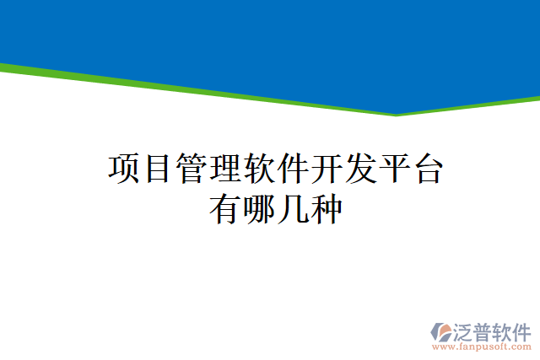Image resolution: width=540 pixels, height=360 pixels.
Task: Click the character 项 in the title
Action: (x=125, y=169)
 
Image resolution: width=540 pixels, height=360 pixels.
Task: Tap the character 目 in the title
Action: (x=158, y=169)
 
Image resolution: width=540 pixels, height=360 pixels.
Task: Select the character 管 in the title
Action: (x=192, y=169)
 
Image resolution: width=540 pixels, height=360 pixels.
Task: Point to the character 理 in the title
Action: (x=225, y=169)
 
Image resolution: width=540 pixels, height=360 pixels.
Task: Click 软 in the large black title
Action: (x=259, y=169)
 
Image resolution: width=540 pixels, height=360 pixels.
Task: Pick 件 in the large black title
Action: (x=292, y=169)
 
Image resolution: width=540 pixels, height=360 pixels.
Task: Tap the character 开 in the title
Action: (x=326, y=169)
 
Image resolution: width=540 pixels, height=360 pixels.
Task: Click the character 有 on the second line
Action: (x=225, y=208)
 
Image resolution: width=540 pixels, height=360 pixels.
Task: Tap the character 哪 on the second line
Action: (x=259, y=208)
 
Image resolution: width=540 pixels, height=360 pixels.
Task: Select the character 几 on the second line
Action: (x=292, y=208)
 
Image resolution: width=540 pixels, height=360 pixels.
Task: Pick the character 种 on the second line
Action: (x=326, y=208)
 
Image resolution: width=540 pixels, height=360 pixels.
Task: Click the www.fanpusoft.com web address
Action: (x=482, y=345)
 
